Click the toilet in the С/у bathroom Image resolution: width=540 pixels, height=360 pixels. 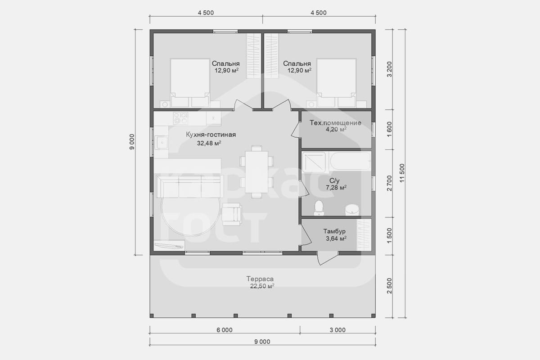coord(319,208)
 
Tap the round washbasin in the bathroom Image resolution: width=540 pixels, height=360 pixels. coord(352,210)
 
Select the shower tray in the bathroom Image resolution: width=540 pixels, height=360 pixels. coord(314,162)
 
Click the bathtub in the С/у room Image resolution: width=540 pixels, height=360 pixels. coord(350,161)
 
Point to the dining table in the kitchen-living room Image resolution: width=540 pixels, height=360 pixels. coord(256,172)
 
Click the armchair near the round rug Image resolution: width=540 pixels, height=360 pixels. coord(232,214)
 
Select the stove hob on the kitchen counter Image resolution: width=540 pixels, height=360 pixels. coord(180,118)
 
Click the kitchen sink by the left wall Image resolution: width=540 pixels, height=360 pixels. coord(162,143)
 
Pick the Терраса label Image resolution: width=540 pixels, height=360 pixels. coord(260,279)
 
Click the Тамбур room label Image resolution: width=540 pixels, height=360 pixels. coord(334,231)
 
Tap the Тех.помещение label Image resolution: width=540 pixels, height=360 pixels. coord(335,123)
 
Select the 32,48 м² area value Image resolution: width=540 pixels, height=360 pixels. coord(209,143)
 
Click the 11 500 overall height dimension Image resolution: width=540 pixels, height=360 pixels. coord(402,173)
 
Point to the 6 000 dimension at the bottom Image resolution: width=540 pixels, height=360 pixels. coord(225,330)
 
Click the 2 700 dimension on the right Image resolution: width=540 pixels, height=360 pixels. coord(389,183)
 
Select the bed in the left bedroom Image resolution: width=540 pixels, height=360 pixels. coord(190,83)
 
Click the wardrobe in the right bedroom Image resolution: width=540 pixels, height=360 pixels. coord(271,56)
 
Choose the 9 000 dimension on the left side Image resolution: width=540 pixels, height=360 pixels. coord(131,142)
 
